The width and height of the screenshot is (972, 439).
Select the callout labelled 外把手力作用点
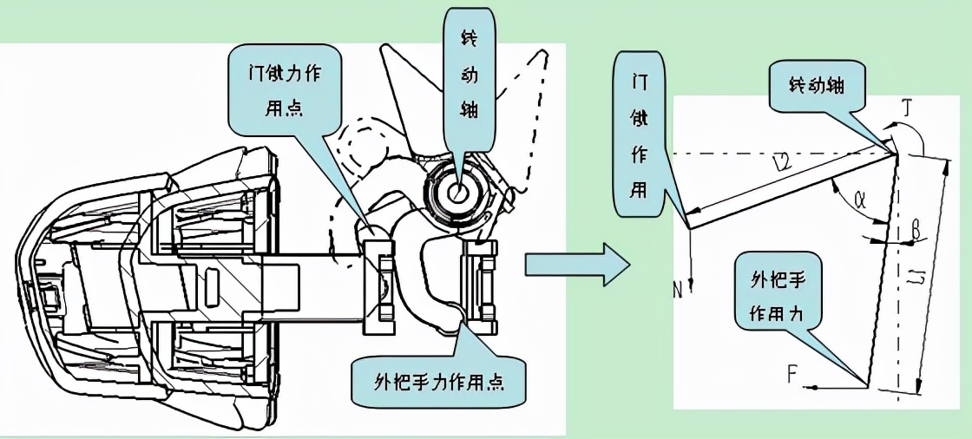click(440, 381)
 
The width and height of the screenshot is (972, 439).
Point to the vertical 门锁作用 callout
click(640, 134)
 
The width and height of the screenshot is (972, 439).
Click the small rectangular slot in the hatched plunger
click(212, 281)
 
